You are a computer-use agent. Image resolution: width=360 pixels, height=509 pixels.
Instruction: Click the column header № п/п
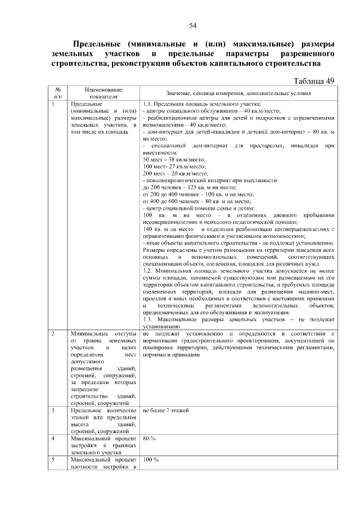tap(58, 93)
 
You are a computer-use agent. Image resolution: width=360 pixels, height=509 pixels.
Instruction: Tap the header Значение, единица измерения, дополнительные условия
tap(238, 93)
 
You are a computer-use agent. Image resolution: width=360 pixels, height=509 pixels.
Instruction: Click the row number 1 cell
tap(53, 104)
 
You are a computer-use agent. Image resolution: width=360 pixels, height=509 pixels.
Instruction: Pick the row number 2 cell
tap(53, 334)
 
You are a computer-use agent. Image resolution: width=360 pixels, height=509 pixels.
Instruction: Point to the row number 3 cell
tap(53, 411)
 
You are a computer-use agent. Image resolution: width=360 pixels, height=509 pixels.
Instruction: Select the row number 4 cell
tap(53, 438)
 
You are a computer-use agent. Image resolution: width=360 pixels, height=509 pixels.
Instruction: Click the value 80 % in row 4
tap(150, 438)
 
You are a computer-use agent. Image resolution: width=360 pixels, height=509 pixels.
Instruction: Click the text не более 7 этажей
tap(166, 411)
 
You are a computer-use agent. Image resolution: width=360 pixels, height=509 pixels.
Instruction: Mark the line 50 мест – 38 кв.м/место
tap(175, 160)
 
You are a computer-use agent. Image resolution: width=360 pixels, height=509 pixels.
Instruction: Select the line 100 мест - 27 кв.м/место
tap(174, 166)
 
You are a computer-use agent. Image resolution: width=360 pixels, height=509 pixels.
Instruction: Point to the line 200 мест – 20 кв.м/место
tap(175, 173)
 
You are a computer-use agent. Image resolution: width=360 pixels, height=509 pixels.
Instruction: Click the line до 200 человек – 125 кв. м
tap(186, 187)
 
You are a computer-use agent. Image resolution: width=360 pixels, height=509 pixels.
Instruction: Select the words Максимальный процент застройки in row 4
tap(103, 438)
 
